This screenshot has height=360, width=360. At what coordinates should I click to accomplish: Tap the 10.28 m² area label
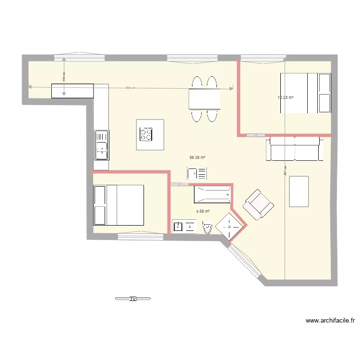click(285, 97)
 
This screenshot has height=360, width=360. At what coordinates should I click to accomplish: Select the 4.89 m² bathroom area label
click(203, 211)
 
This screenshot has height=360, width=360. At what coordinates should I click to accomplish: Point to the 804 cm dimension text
click(130, 88)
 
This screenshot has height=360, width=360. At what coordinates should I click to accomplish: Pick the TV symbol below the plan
click(133, 299)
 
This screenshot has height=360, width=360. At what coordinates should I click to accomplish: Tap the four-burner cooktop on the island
click(146, 134)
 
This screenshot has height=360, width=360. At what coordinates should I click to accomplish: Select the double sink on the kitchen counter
click(102, 144)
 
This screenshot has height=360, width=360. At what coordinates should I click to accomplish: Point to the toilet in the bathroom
click(208, 227)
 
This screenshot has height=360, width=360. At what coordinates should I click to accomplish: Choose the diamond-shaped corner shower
click(229, 226)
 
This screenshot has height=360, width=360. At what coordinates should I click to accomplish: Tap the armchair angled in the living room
click(258, 204)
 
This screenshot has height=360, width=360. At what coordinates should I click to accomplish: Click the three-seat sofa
click(294, 148)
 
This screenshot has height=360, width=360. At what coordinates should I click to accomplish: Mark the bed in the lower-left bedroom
click(119, 205)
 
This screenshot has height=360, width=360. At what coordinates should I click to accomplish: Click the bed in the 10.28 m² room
click(306, 93)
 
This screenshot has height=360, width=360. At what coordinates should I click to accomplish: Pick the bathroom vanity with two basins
click(185, 226)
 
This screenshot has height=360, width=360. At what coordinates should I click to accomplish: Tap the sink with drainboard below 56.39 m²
click(197, 173)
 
